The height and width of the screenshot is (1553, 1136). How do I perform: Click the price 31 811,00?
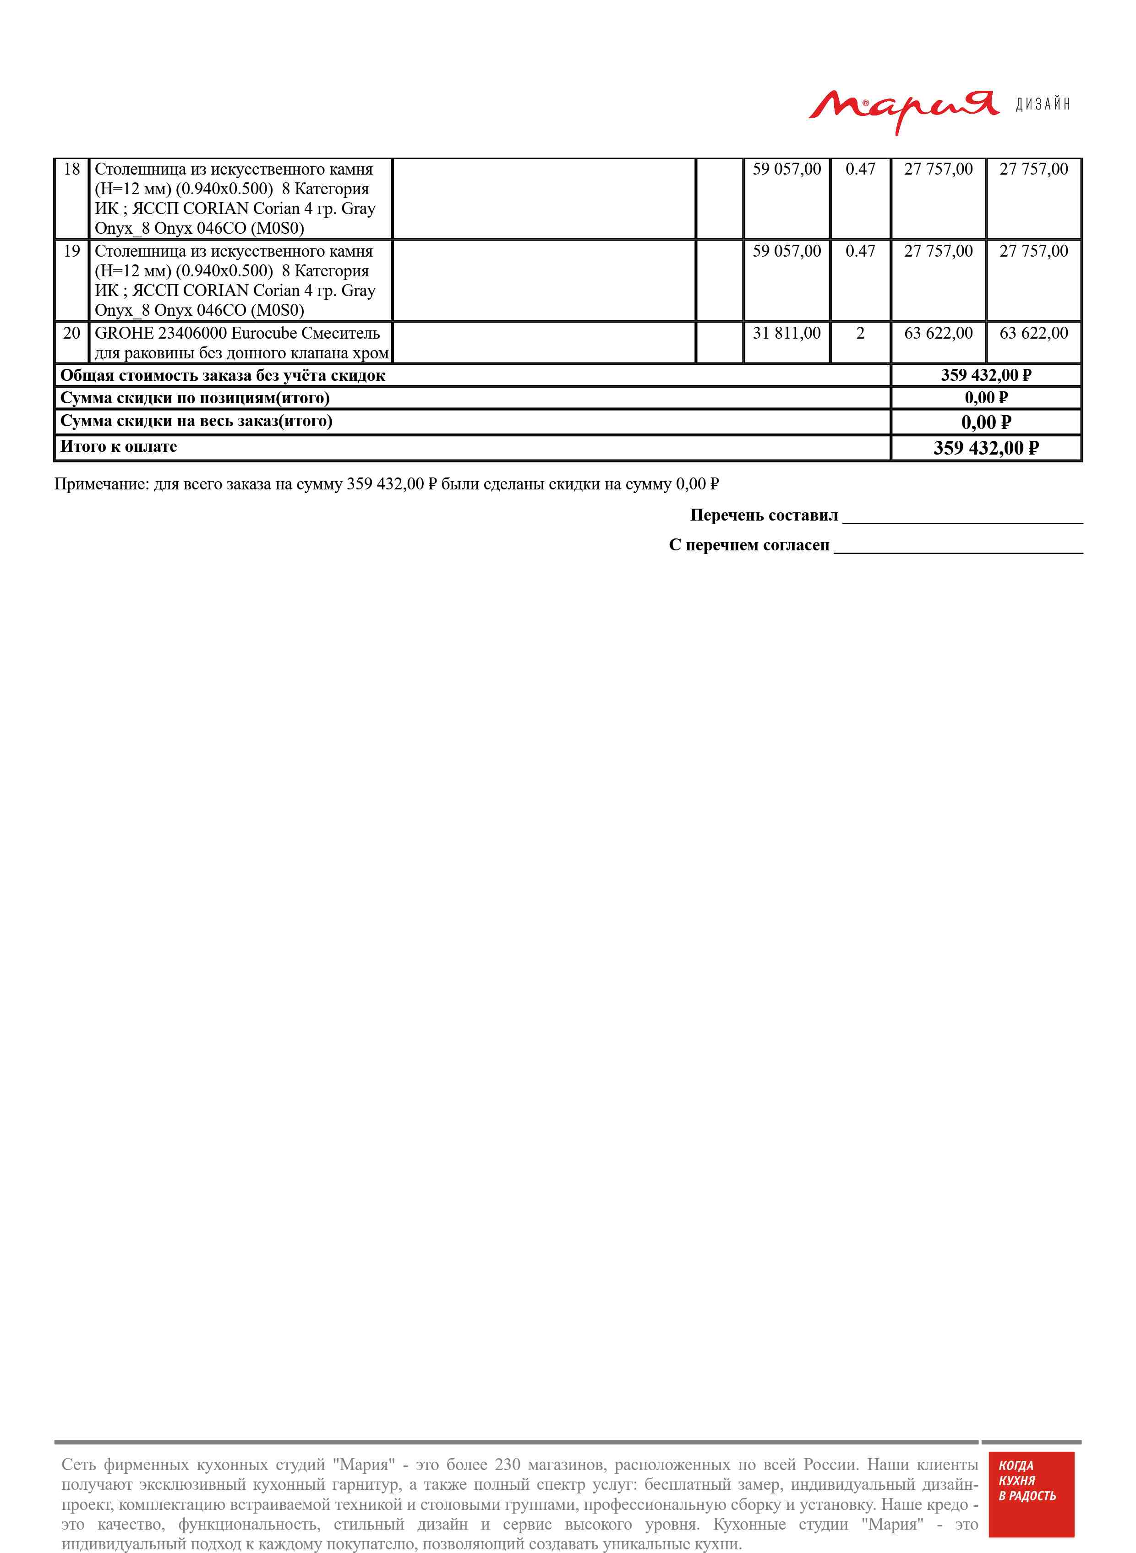[x=786, y=334]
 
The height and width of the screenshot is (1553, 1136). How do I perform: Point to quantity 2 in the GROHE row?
[x=860, y=334]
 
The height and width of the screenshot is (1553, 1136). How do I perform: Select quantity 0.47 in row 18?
[x=860, y=169]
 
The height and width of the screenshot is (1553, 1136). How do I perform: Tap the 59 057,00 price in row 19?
[x=786, y=251]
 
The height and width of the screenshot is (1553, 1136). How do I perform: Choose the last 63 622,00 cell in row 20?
[x=1033, y=334]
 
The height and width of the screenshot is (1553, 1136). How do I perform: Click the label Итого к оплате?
[x=118, y=447]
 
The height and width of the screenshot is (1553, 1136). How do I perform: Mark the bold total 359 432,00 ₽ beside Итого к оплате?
[x=985, y=449]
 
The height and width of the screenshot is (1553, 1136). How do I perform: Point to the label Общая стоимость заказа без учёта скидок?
[x=222, y=375]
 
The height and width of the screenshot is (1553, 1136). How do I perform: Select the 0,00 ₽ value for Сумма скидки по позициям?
[x=985, y=398]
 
